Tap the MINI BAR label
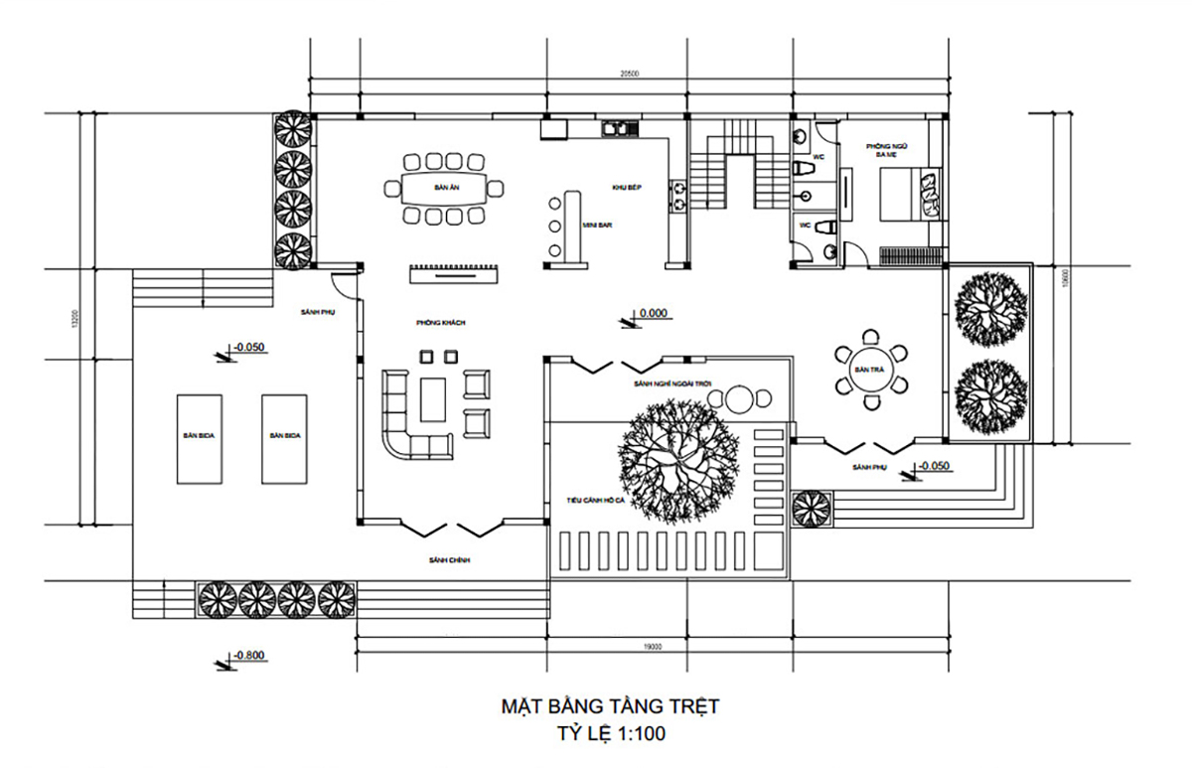[x=597, y=226]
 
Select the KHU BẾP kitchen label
[x=624, y=187]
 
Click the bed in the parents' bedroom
[x=912, y=194]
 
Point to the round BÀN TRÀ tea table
[x=869, y=370]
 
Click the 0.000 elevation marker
[x=653, y=313]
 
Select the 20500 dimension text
[x=628, y=74]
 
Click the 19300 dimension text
[x=653, y=647]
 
